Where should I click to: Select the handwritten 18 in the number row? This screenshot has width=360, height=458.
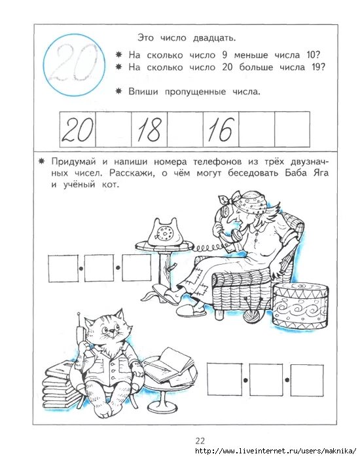(149, 130)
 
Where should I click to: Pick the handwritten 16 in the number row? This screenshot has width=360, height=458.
(220, 130)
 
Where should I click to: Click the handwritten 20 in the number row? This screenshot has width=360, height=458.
(77, 130)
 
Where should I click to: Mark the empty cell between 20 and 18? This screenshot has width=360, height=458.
(113, 130)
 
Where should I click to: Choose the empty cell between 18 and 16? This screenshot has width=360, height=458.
(185, 130)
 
